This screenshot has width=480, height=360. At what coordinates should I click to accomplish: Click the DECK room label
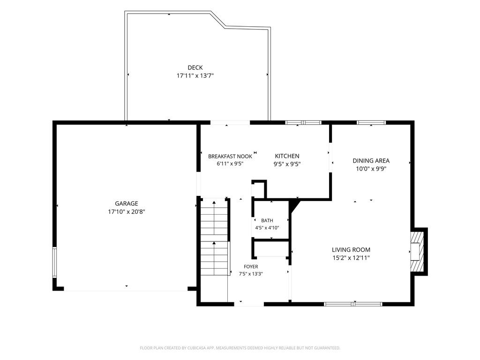point(195,67)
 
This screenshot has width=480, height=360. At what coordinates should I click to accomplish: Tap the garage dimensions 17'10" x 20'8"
point(127,211)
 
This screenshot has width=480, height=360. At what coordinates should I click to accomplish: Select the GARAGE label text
point(127,203)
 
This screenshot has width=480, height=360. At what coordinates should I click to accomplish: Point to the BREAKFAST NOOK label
point(230,157)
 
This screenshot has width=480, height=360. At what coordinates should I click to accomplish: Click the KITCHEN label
point(287,156)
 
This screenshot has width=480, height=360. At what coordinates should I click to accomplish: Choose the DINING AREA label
point(371,161)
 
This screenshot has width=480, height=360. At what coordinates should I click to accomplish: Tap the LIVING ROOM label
point(351,250)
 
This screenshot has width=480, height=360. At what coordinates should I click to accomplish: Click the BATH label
point(267,220)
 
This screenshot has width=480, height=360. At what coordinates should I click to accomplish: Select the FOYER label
point(251,267)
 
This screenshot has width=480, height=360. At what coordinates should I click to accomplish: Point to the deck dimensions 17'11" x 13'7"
point(195,75)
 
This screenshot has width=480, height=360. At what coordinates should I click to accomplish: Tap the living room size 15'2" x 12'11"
point(351,258)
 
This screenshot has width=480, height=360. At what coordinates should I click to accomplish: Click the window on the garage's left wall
point(54,262)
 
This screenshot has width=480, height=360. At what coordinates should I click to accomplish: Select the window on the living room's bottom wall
point(353,304)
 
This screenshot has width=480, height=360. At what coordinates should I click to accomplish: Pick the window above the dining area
point(371,123)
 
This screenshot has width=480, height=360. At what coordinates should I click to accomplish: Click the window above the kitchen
point(303,123)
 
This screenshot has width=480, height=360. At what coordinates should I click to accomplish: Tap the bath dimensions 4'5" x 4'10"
point(267,228)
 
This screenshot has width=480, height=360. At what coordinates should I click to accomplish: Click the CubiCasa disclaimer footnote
point(240,348)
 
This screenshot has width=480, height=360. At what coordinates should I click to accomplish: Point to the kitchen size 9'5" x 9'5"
point(287,164)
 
